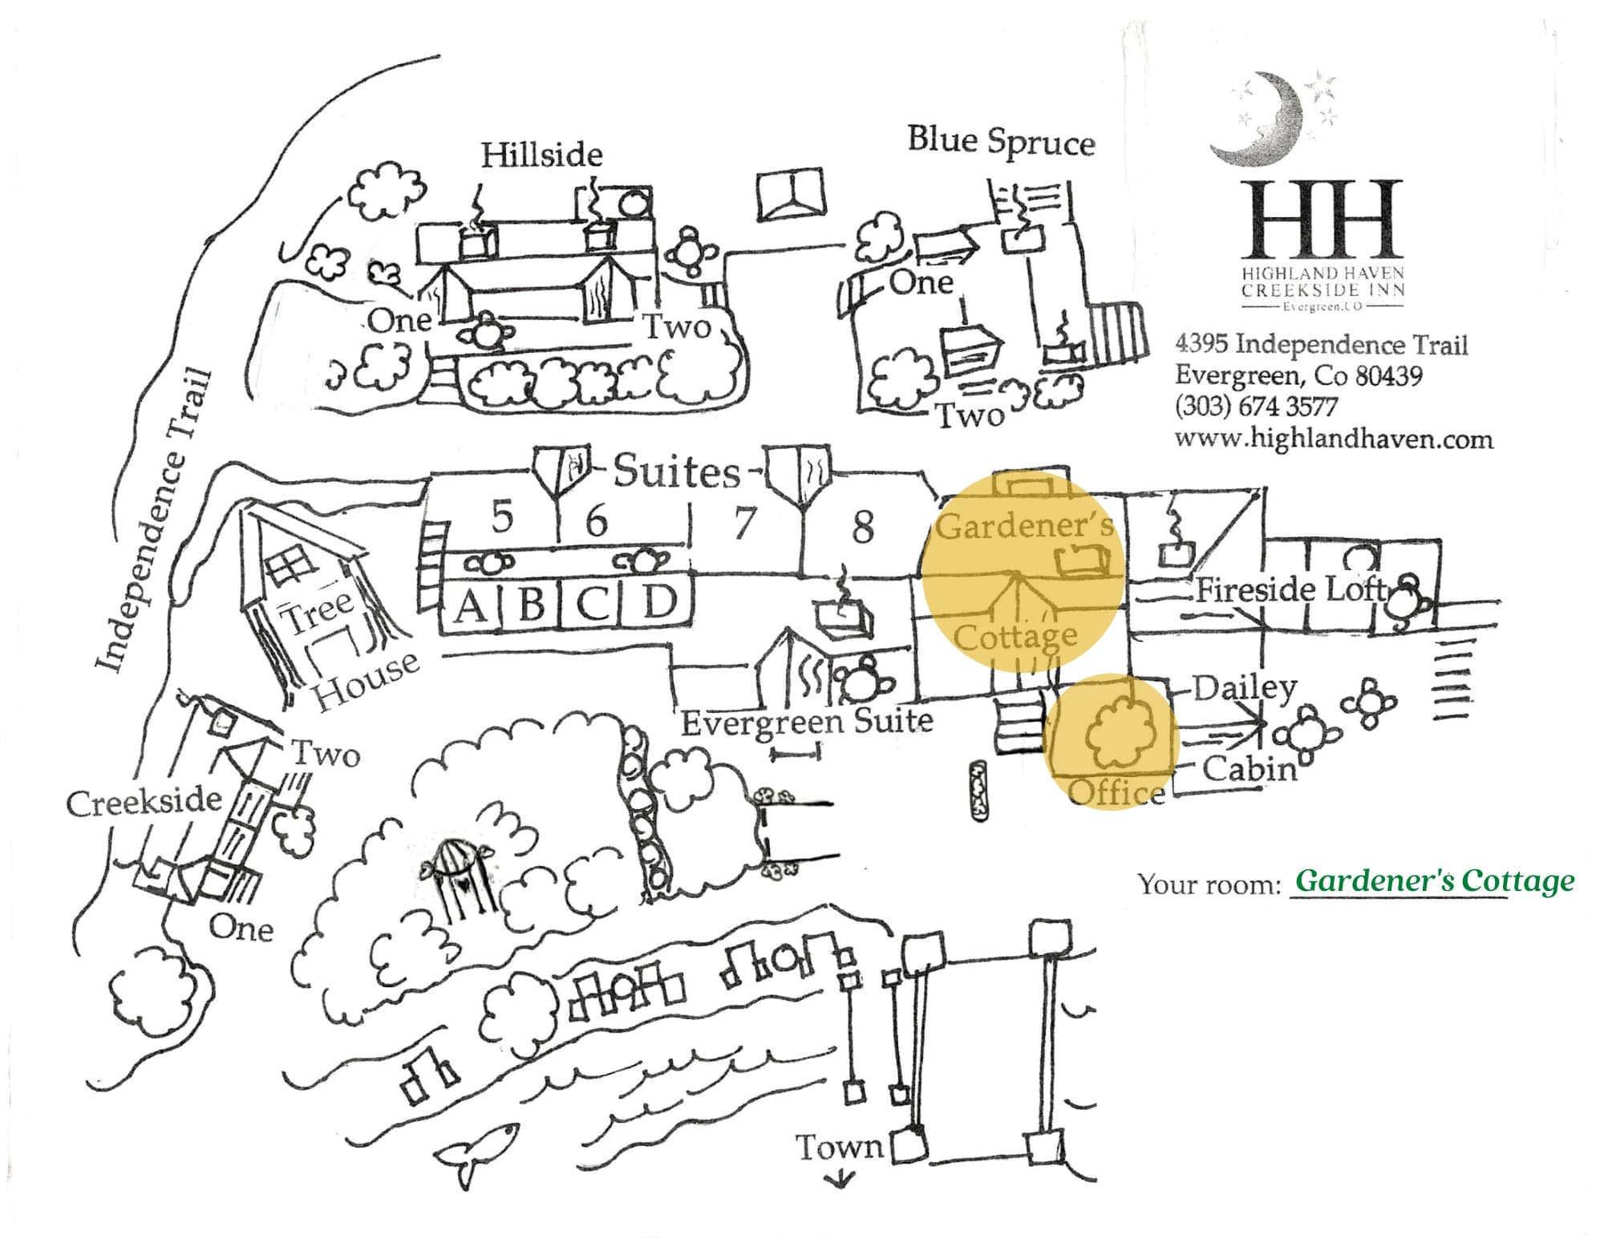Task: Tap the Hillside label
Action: (x=541, y=155)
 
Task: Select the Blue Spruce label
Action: (x=1001, y=142)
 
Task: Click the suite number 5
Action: (x=502, y=516)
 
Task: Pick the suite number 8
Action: (x=862, y=528)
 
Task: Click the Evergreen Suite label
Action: (x=807, y=721)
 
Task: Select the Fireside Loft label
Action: (x=1290, y=590)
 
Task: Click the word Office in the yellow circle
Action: (x=1116, y=792)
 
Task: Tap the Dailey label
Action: (x=1244, y=687)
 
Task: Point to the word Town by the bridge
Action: (x=838, y=1148)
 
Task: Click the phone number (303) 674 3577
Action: (x=1256, y=407)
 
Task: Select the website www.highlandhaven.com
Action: (x=1334, y=439)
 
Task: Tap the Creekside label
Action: (x=144, y=802)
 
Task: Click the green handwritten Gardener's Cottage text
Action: (x=1434, y=881)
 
